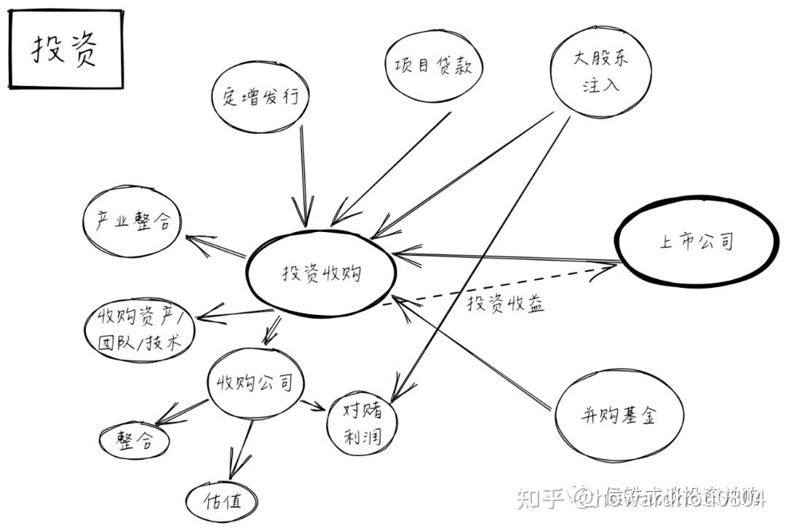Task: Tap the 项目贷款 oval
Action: click(x=429, y=66)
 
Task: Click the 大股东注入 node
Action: click(x=601, y=70)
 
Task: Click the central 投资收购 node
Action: click(x=321, y=274)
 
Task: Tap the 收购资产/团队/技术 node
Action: click(x=138, y=330)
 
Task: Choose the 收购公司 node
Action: click(x=254, y=383)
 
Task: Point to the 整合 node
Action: click(x=135, y=440)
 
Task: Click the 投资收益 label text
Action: click(x=505, y=303)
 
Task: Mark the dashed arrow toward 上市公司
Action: click(x=502, y=286)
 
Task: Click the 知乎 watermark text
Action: click(x=539, y=498)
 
